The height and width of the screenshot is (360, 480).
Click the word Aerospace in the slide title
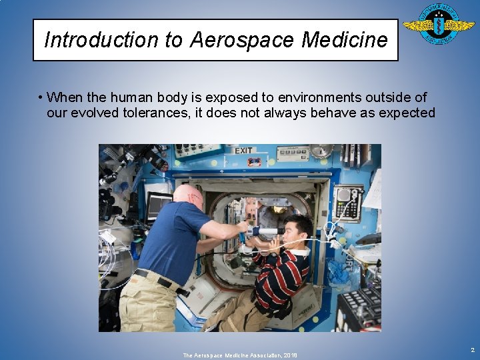(242, 40)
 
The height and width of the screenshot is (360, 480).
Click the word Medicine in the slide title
(344, 40)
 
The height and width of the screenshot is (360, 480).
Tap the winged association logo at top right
(439, 25)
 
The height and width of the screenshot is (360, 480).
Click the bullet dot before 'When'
(41, 98)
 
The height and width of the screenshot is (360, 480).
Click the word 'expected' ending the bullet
(407, 113)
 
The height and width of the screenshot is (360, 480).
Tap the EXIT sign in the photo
(243, 151)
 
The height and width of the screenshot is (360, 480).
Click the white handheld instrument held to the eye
(263, 232)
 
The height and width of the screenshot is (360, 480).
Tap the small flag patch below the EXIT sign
(254, 162)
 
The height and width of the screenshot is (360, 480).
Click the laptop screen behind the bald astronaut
(159, 206)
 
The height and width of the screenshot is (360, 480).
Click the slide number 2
(473, 349)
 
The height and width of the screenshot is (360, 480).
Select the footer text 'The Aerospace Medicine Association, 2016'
(240, 355)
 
